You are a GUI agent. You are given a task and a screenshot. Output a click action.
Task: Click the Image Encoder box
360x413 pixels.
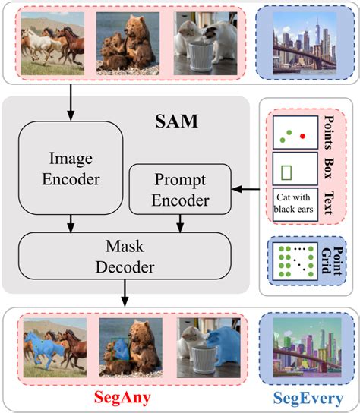click(x=69, y=167)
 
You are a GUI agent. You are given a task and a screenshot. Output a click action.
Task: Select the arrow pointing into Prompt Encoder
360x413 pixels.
click(x=245, y=186)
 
